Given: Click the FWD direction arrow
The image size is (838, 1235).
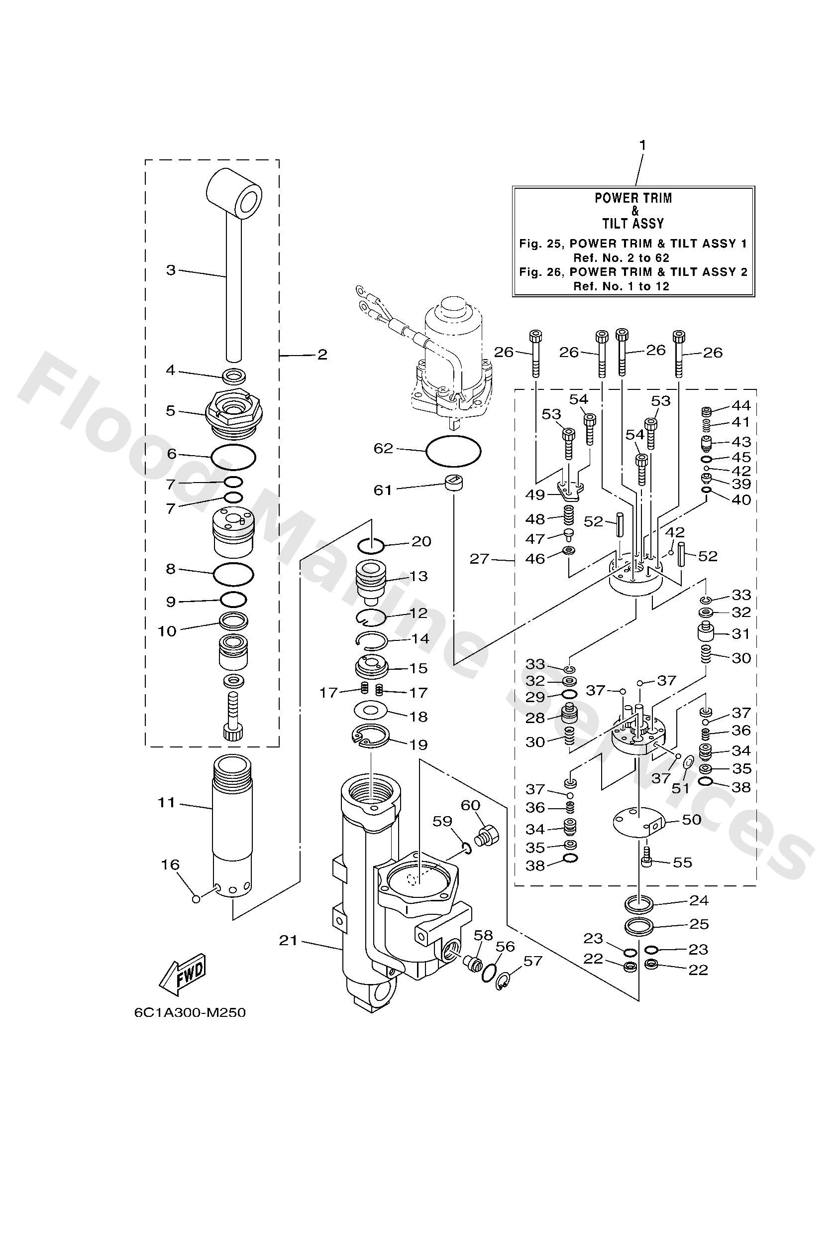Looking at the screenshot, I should (x=182, y=977).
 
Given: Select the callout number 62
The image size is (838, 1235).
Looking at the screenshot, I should (x=383, y=449).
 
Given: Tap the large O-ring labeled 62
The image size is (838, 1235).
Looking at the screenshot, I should (x=453, y=451).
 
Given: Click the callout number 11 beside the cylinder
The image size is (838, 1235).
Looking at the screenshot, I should (x=167, y=802).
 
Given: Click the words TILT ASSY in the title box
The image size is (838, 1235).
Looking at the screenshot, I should (x=633, y=223).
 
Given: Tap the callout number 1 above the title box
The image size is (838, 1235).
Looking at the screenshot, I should (x=642, y=144).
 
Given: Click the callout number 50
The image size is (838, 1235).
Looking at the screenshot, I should (x=691, y=820).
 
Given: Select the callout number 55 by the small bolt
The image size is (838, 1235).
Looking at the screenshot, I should (x=682, y=862).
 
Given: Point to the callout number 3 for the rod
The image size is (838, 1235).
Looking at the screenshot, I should (x=171, y=270).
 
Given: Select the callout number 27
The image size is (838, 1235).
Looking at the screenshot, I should (x=479, y=559).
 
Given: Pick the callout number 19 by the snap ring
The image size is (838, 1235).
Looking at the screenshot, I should (x=419, y=744).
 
